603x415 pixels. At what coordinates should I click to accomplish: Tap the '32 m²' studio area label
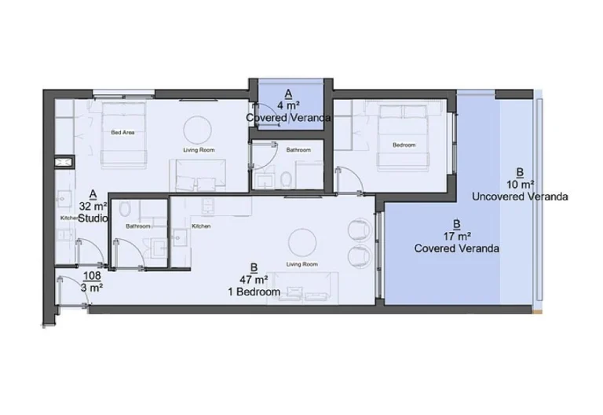point(93,205)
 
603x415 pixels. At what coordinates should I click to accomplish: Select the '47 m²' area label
point(254,279)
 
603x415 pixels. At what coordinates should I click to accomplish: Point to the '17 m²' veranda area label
point(456,235)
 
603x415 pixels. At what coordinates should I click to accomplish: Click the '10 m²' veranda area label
point(520,184)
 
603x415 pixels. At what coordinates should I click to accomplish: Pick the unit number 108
point(92,276)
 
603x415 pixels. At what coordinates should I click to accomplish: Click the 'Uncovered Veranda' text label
point(520,196)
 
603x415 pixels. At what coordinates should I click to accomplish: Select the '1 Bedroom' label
point(254,292)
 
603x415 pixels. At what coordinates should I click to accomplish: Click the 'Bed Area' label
point(122,132)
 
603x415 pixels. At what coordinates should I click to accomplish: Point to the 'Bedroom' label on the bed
point(404,145)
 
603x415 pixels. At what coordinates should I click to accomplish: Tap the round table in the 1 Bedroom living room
point(302,241)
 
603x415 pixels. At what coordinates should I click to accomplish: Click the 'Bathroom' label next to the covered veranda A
point(298,150)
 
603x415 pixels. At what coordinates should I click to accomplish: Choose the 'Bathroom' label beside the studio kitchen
point(137,226)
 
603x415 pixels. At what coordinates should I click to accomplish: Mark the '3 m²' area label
point(92,288)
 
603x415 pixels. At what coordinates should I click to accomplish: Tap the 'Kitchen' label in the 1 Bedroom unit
point(202,226)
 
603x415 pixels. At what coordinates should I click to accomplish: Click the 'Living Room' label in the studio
point(199,150)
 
